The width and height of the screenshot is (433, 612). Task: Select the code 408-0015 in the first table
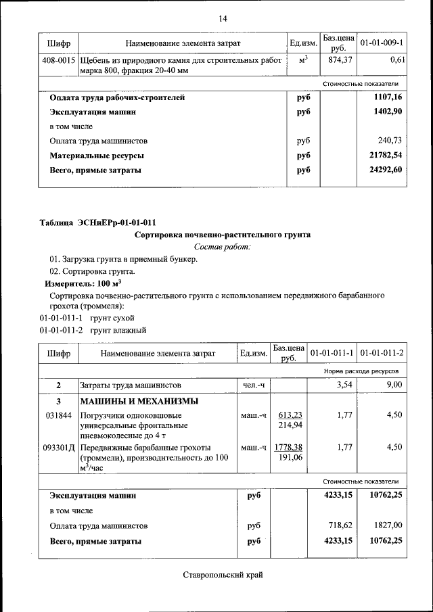click(x=59, y=60)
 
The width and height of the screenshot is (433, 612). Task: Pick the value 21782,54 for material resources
click(x=385, y=156)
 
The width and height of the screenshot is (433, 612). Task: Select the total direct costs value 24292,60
click(x=385, y=170)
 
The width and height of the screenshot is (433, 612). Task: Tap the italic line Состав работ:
click(x=222, y=247)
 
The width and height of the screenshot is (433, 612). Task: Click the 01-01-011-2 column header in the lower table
click(x=382, y=353)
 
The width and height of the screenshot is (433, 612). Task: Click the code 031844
click(x=58, y=415)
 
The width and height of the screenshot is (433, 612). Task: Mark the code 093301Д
click(x=60, y=448)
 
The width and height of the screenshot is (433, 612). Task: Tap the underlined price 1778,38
click(x=289, y=448)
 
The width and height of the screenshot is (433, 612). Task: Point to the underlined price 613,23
click(x=289, y=415)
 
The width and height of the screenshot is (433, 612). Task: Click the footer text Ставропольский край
click(x=222, y=575)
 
